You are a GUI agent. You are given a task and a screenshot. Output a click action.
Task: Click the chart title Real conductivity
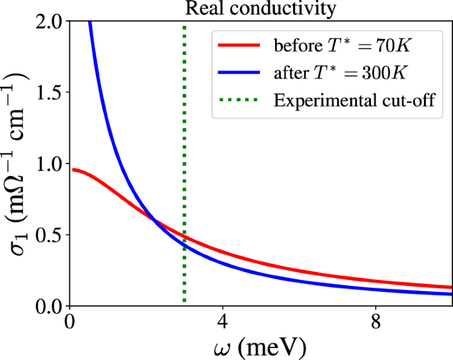point(261,9)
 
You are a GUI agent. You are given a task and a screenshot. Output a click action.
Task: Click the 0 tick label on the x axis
point(69,324)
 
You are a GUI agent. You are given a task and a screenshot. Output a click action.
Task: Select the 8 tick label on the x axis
point(376,324)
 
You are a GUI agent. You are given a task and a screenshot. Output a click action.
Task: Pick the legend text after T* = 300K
point(343,73)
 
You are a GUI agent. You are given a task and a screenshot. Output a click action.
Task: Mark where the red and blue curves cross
point(153,220)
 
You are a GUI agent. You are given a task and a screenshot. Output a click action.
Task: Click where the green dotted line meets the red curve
point(185,237)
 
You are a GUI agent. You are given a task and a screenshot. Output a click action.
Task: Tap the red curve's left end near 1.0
point(73,169)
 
